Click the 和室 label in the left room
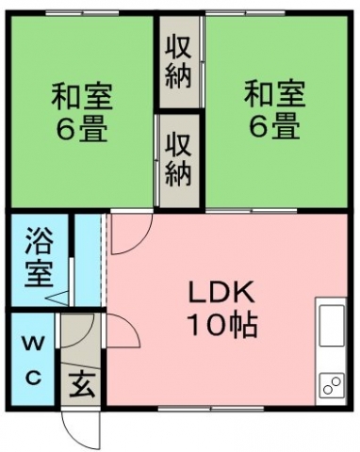pyautogui.click(x=82, y=96)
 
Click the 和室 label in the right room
pyautogui.click(x=275, y=94)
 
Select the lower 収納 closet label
pyautogui.click(x=178, y=159)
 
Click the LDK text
pyautogui.click(x=221, y=292)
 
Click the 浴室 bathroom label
pyautogui.click(x=39, y=258)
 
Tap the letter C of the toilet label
pyautogui.click(x=34, y=377)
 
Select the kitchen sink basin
pyautogui.click(x=332, y=325)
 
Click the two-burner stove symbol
pyautogui.click(x=332, y=385)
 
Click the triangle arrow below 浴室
pyautogui.click(x=57, y=298)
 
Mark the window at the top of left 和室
pyautogui.click(x=82, y=13)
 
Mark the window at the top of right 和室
pyautogui.click(x=246, y=13)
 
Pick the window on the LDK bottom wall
pyautogui.click(x=211, y=409)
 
